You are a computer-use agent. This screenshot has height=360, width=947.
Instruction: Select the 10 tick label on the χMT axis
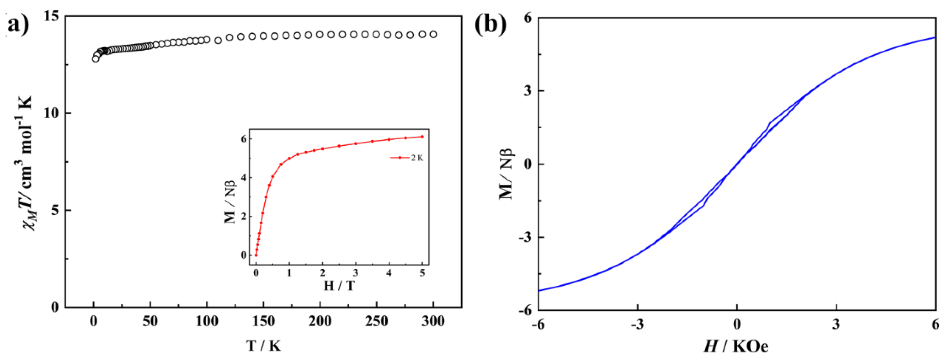[x=51, y=113]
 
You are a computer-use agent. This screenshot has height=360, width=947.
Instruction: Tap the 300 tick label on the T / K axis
[x=433, y=322]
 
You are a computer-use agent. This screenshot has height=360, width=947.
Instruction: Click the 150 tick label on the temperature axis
[x=263, y=322]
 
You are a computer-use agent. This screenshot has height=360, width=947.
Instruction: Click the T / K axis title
[x=263, y=346]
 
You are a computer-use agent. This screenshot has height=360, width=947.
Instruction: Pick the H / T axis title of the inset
[x=339, y=285]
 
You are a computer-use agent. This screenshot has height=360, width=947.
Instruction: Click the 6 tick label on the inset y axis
[x=243, y=139]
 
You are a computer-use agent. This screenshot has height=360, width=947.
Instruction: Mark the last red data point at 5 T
[x=422, y=136]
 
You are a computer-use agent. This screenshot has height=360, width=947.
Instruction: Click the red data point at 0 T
[x=256, y=255]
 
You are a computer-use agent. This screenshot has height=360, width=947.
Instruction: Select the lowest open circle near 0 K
[x=96, y=58]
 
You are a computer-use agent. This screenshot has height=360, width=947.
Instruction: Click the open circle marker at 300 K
[x=433, y=34]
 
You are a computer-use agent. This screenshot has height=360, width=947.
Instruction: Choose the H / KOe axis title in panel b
[x=736, y=346]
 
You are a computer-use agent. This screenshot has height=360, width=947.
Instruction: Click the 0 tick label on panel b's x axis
[x=737, y=324]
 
